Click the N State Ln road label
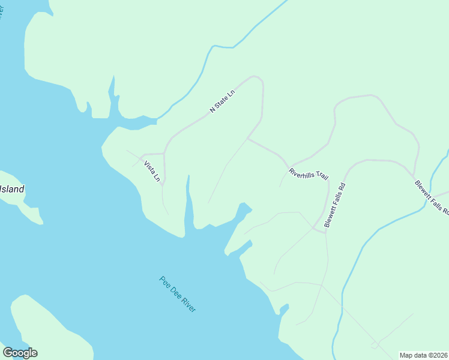(221, 100)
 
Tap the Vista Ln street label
(152, 170)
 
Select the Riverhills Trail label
(309, 175)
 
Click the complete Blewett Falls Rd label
(336, 205)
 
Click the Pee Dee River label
(178, 293)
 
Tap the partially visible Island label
(12, 190)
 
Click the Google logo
(20, 353)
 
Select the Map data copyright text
(424, 355)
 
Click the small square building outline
(375, 346)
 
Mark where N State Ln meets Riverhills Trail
(247, 139)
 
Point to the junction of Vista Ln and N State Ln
(164, 153)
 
